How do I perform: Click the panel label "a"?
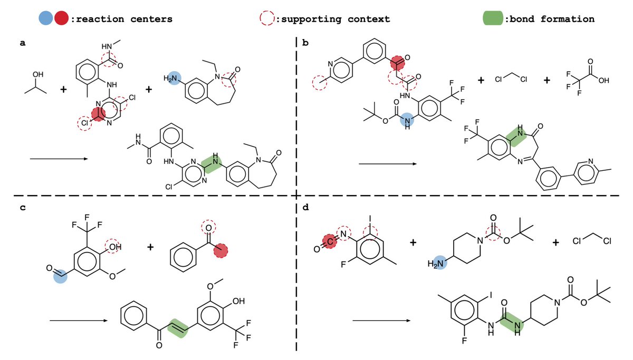tap(22, 44)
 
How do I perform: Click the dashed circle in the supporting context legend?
tap(267, 19)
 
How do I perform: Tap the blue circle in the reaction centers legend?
tap(46, 19)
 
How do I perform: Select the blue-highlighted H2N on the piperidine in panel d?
tap(437, 261)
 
